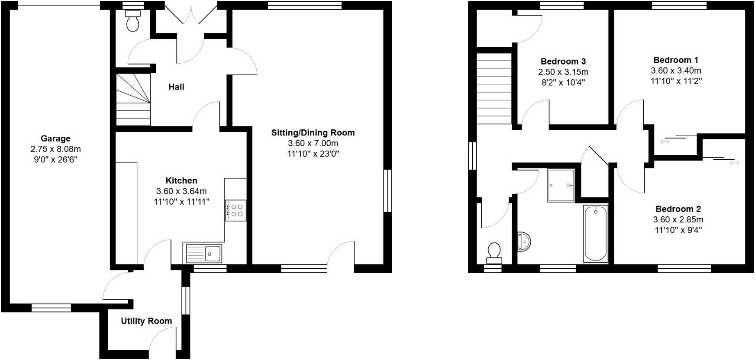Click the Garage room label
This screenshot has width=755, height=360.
coord(55,138)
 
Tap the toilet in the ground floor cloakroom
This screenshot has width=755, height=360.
coord(132,21)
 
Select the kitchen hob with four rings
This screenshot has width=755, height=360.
coord(236,210)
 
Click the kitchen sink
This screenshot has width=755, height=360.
coord(203,253)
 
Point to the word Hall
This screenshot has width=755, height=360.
coord(176,87)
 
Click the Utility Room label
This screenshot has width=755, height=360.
coord(146,321)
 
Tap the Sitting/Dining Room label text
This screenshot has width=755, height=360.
coord(313,133)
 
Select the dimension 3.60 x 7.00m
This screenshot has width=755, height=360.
coord(313,143)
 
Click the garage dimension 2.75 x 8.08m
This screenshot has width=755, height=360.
coord(55,149)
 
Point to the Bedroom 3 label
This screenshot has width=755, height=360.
coord(563,61)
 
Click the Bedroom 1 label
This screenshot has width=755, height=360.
coord(676,60)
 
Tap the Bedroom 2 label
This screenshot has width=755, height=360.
coord(678,209)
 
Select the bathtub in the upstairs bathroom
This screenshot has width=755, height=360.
coord(596,234)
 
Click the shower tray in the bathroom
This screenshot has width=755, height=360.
coord(561,186)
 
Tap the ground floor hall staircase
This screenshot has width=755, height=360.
coord(133,100)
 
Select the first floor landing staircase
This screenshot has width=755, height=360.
coord(494,88)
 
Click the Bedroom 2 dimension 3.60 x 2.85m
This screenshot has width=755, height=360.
coord(678,219)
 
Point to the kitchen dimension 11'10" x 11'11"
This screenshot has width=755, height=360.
coord(181,202)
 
